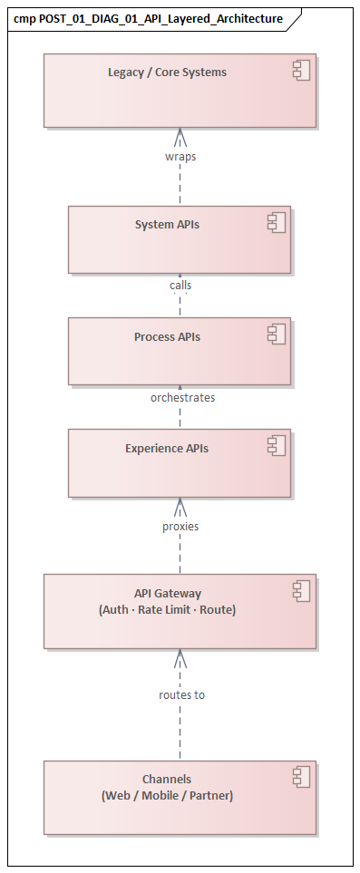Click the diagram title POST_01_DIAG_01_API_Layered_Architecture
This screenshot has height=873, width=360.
pos(148,18)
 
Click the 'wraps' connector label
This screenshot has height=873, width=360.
pos(180,156)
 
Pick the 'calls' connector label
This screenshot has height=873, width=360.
pos(180,285)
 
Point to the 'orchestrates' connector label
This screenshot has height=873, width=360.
pos(182,397)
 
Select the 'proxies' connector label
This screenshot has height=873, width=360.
pos(180,526)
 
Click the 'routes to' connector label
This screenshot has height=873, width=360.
pos(180,694)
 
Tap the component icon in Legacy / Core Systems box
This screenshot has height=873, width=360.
pos(301,71)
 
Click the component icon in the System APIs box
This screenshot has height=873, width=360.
pos(276,222)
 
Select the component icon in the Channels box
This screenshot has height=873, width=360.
pos(301,777)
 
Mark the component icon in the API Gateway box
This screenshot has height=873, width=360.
pos(301,592)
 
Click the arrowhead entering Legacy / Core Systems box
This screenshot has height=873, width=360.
pos(180,135)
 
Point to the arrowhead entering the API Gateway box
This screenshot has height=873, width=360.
pos(180,656)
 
